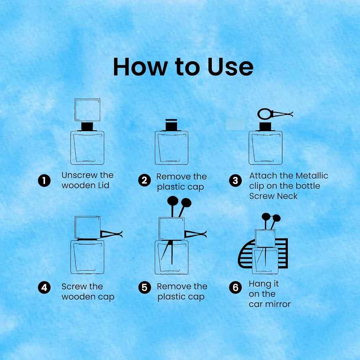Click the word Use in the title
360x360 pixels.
230,67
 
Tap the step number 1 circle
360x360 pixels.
44,181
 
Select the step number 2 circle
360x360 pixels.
144,180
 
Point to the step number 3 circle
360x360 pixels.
235,180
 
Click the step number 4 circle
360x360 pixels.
44,288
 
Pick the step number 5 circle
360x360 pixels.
144,288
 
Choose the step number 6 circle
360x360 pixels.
235,288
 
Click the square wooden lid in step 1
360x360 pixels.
87,99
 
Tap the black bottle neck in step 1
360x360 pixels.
87,126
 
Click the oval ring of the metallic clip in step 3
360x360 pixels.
258,114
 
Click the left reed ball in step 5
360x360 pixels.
173,201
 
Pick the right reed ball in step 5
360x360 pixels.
186,203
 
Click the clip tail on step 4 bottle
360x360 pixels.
111,234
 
